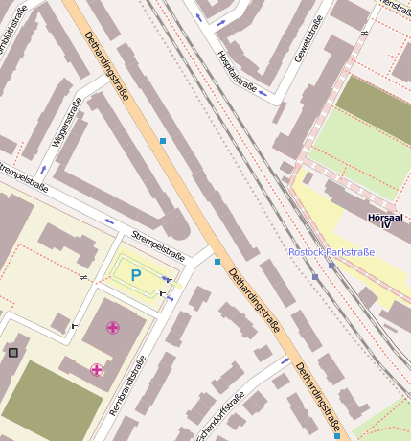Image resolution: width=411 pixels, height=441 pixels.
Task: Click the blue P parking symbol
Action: pos(135,275)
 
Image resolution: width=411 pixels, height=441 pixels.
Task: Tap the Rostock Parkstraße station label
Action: pos(331,252)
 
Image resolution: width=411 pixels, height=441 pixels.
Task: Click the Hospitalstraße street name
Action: pos(238,73)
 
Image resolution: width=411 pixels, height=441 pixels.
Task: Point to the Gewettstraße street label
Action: pos(308,38)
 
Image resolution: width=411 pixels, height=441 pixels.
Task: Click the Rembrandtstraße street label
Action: pos(127,384)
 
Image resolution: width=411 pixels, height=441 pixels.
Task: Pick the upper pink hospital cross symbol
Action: pos(113,328)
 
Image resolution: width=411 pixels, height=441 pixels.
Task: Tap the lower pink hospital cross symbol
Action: pos(96,370)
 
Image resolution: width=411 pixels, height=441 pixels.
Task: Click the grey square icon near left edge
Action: pos(12,353)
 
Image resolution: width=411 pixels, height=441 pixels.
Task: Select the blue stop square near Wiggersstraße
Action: pos(163,141)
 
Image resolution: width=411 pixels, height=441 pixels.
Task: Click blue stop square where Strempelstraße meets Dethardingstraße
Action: pos(217,261)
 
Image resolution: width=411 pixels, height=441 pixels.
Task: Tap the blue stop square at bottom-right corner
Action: pos(337,436)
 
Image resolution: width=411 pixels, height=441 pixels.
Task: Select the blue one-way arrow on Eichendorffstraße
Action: pos(285,361)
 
